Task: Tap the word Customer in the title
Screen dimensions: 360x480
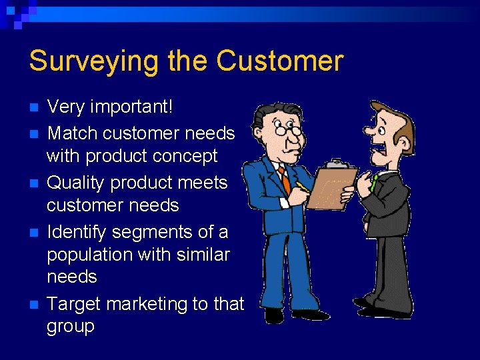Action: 280,61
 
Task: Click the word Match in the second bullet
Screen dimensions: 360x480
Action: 72,133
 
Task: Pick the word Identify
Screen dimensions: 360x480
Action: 77,232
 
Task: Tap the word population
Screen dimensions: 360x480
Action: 90,255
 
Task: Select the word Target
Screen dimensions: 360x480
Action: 73,304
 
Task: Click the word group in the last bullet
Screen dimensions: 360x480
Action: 70,327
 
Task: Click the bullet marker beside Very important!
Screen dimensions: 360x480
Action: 35,107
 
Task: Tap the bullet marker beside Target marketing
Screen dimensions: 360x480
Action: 35,305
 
